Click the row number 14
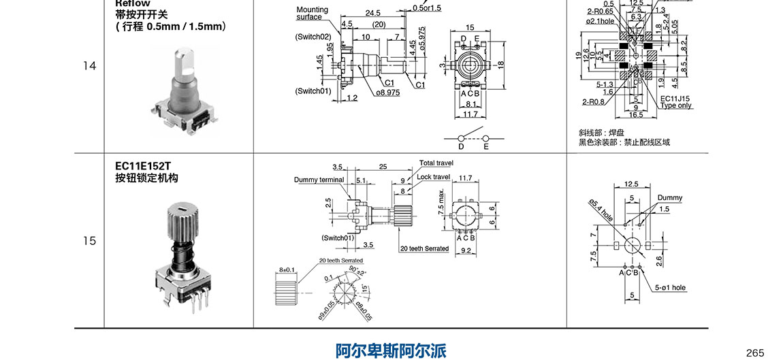[x=90, y=66]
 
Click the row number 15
[x=90, y=241]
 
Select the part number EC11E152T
[x=144, y=165]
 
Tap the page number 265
[x=755, y=352]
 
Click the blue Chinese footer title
[x=391, y=350]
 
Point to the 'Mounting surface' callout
[x=312, y=13]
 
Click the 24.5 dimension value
[x=372, y=13]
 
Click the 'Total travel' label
[x=436, y=163]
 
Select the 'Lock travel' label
[x=434, y=177]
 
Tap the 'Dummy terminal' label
[x=319, y=180]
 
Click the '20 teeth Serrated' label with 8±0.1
[x=340, y=261]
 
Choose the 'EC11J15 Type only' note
[x=676, y=102]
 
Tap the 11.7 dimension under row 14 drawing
[x=470, y=115]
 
